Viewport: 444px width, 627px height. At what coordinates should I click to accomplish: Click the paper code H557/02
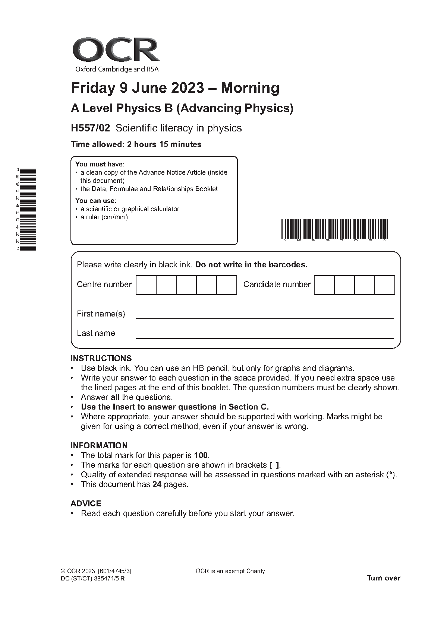tap(91, 128)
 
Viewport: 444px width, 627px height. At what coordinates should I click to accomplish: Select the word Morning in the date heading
tap(250, 88)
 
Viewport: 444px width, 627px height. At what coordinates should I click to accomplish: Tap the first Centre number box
tap(146, 285)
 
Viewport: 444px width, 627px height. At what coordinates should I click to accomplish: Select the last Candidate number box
tap(384, 285)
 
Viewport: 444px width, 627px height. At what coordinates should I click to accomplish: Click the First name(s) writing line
tap(265, 317)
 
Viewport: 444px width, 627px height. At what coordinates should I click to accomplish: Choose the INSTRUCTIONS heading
tap(101, 359)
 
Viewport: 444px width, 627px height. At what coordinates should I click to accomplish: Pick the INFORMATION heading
tap(99, 445)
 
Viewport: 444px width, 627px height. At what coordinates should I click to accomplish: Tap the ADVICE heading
tap(86, 503)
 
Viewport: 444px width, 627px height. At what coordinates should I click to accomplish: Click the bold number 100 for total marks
tap(201, 455)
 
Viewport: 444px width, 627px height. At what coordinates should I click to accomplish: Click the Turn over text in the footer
tap(384, 578)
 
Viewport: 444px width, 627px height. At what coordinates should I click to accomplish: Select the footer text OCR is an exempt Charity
tap(230, 571)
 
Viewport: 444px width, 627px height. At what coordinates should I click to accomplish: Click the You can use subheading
tap(96, 201)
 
